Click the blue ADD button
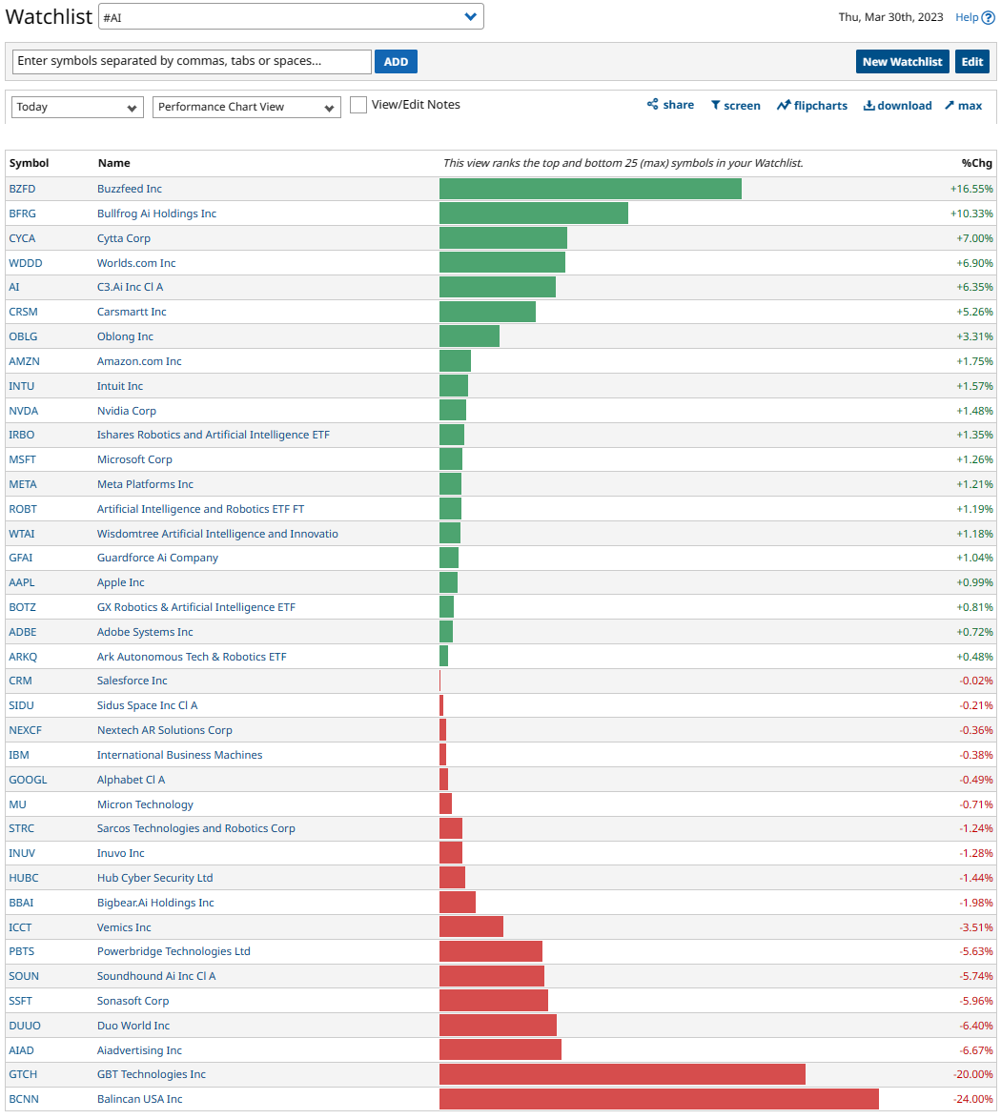click(x=396, y=62)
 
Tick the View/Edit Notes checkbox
click(x=358, y=105)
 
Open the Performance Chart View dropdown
click(x=246, y=107)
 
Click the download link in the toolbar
click(x=897, y=106)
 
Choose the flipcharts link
click(x=811, y=106)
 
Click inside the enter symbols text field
click(x=192, y=61)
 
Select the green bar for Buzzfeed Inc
click(x=590, y=189)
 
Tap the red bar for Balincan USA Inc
click(x=659, y=1099)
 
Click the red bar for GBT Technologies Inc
click(x=622, y=1074)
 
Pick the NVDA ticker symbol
click(x=24, y=411)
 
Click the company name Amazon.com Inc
click(x=139, y=361)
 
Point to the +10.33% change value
click(x=971, y=214)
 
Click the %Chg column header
click(x=977, y=163)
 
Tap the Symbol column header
click(x=29, y=163)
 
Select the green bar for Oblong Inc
click(x=469, y=336)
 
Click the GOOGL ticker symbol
click(x=28, y=780)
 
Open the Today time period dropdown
click(x=77, y=107)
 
